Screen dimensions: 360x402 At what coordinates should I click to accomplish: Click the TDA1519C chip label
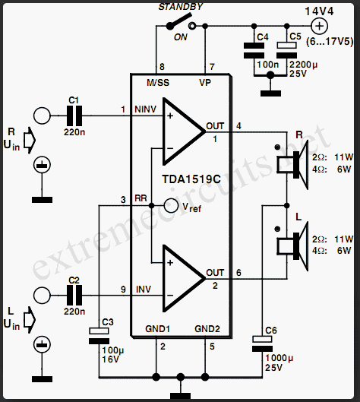pos(191,179)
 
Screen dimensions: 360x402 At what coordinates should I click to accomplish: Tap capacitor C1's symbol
pos(74,116)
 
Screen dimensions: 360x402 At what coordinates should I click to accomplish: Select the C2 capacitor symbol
pos(74,296)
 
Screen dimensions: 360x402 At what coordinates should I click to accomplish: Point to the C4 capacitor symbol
pos(254,50)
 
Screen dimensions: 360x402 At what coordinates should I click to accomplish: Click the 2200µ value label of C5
pos(303,65)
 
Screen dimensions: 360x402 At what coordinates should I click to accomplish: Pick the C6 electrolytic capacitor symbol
pos(262,343)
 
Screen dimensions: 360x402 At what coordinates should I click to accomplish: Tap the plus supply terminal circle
pos(319,26)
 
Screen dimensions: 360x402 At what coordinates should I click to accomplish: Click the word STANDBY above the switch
pos(181,7)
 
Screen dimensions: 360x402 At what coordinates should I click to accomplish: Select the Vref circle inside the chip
pos(171,206)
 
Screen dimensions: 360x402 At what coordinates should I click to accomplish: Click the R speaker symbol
pos(292,165)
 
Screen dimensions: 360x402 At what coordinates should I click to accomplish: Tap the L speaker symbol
pos(292,247)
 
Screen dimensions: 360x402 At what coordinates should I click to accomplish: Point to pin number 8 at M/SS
pos(162,67)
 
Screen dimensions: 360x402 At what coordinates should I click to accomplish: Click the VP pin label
pos(205,83)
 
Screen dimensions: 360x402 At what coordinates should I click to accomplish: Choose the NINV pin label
pos(145,109)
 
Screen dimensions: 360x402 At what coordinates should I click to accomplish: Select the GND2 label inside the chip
pos(207,329)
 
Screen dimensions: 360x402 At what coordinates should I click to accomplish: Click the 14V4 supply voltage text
pos(319,11)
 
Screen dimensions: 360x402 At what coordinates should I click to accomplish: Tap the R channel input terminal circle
pos(42,116)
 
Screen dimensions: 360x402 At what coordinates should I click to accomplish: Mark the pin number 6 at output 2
pos(238,273)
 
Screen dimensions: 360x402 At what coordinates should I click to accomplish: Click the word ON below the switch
pos(181,37)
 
